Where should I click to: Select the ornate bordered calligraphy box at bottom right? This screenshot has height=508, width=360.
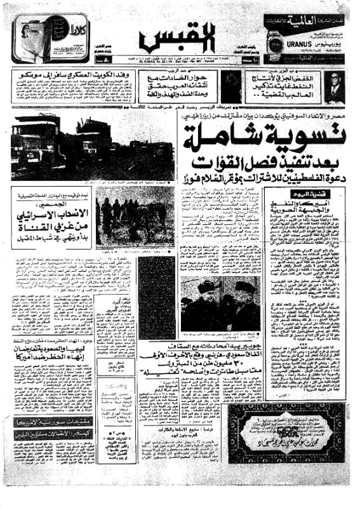[x=286, y=437]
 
